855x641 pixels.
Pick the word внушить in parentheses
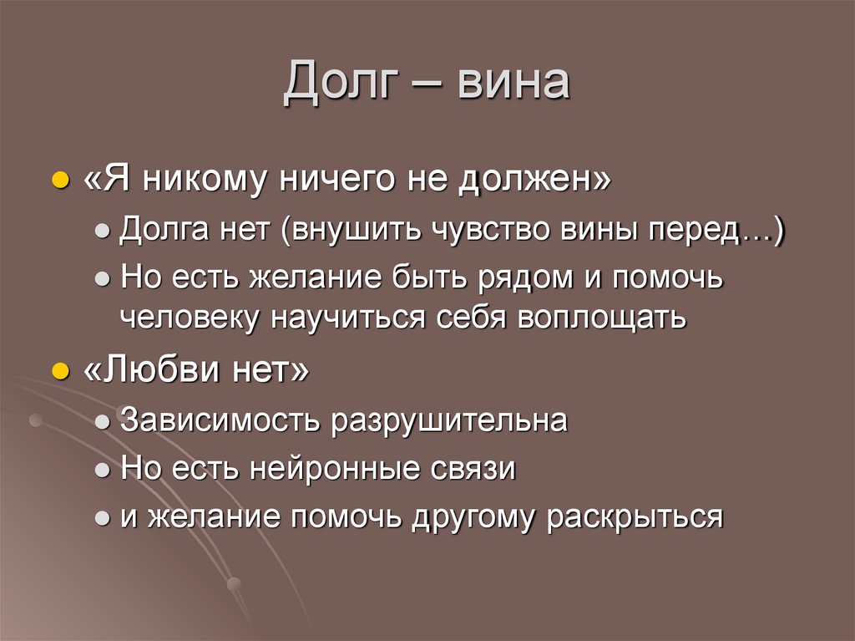[x=354, y=231]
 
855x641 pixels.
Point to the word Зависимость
[x=220, y=420]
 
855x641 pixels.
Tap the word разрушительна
[x=451, y=420]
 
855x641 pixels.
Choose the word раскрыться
[x=635, y=517]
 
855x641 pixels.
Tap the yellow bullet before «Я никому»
[x=60, y=182]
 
